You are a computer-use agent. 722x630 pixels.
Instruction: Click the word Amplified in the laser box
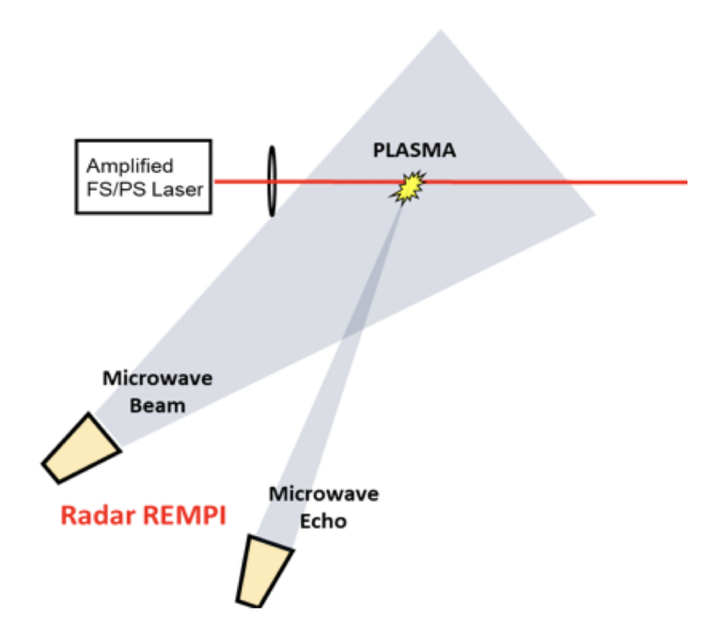[130, 166]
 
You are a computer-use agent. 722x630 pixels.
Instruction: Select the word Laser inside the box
[174, 189]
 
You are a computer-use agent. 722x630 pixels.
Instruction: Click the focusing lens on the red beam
[272, 181]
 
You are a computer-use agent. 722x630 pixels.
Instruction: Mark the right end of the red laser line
[685, 181]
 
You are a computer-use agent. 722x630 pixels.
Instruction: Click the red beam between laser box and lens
[241, 181]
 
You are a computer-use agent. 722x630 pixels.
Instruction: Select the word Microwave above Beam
[157, 378]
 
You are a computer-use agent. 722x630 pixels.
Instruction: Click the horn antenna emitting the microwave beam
[83, 448]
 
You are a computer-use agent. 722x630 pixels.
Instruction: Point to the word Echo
[322, 519]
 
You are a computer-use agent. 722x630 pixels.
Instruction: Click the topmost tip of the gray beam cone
[440, 31]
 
